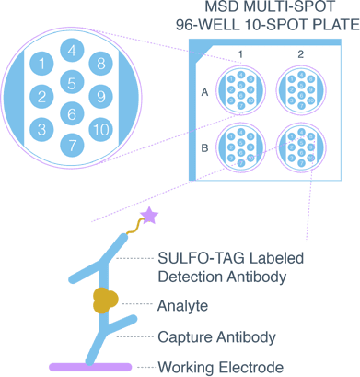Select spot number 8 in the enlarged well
coord(100,65)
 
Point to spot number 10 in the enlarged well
coord(100,127)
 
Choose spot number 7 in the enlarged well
coord(71,145)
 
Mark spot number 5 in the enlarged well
coord(71,82)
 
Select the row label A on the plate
coord(204,92)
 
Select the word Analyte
coord(182,304)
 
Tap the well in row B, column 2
coord(300,147)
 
